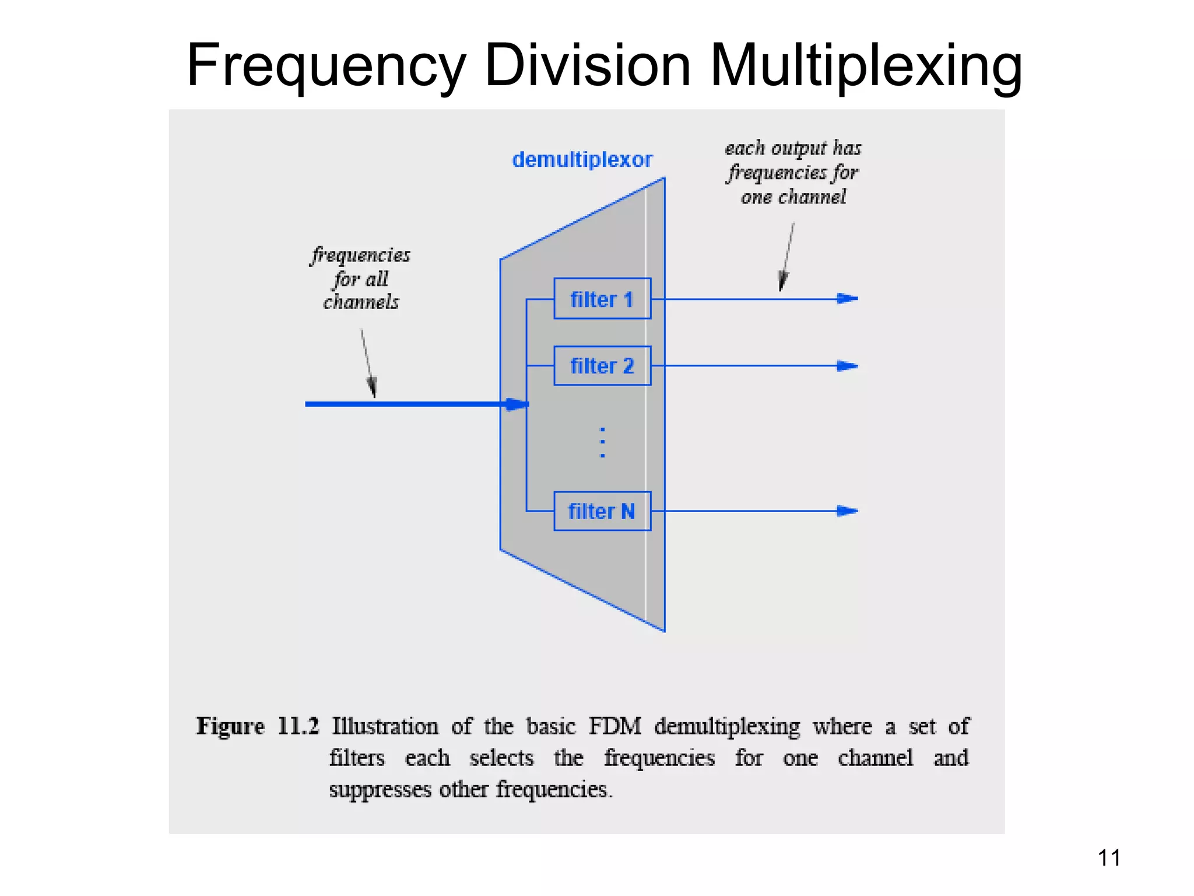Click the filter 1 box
tap(602, 299)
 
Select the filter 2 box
tap(602, 366)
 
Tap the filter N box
tap(602, 511)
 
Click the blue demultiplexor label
tap(582, 159)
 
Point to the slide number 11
tap(1109, 857)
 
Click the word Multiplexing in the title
tap(866, 65)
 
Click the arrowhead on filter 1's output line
tap(847, 299)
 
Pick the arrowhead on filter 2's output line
tap(847, 366)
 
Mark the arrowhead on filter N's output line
tap(847, 511)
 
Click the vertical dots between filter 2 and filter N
tap(602, 442)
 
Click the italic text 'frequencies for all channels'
tap(361, 278)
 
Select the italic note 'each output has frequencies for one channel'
tap(793, 172)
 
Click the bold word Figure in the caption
tap(230, 726)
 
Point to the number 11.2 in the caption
tap(298, 726)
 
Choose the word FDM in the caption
tap(614, 726)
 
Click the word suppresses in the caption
tap(380, 790)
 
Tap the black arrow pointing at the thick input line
tap(368, 365)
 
